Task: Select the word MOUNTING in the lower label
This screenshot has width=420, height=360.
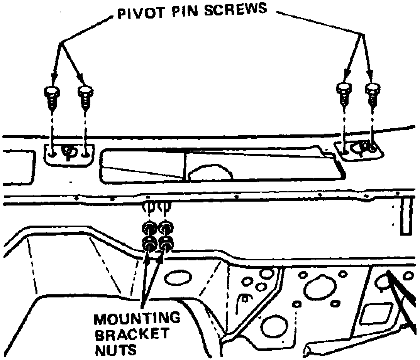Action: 137,319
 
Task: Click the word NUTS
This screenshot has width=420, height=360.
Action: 115,350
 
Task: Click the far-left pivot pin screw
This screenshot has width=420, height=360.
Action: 52,97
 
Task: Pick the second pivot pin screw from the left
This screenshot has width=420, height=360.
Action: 85,97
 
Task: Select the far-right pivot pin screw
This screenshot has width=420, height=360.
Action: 373,94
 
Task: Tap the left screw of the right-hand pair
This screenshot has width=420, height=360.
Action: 344,94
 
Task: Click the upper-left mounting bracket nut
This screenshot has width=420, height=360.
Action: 150,229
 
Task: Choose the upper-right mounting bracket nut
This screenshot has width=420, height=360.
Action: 166,229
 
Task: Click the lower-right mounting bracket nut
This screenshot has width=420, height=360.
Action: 166,243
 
